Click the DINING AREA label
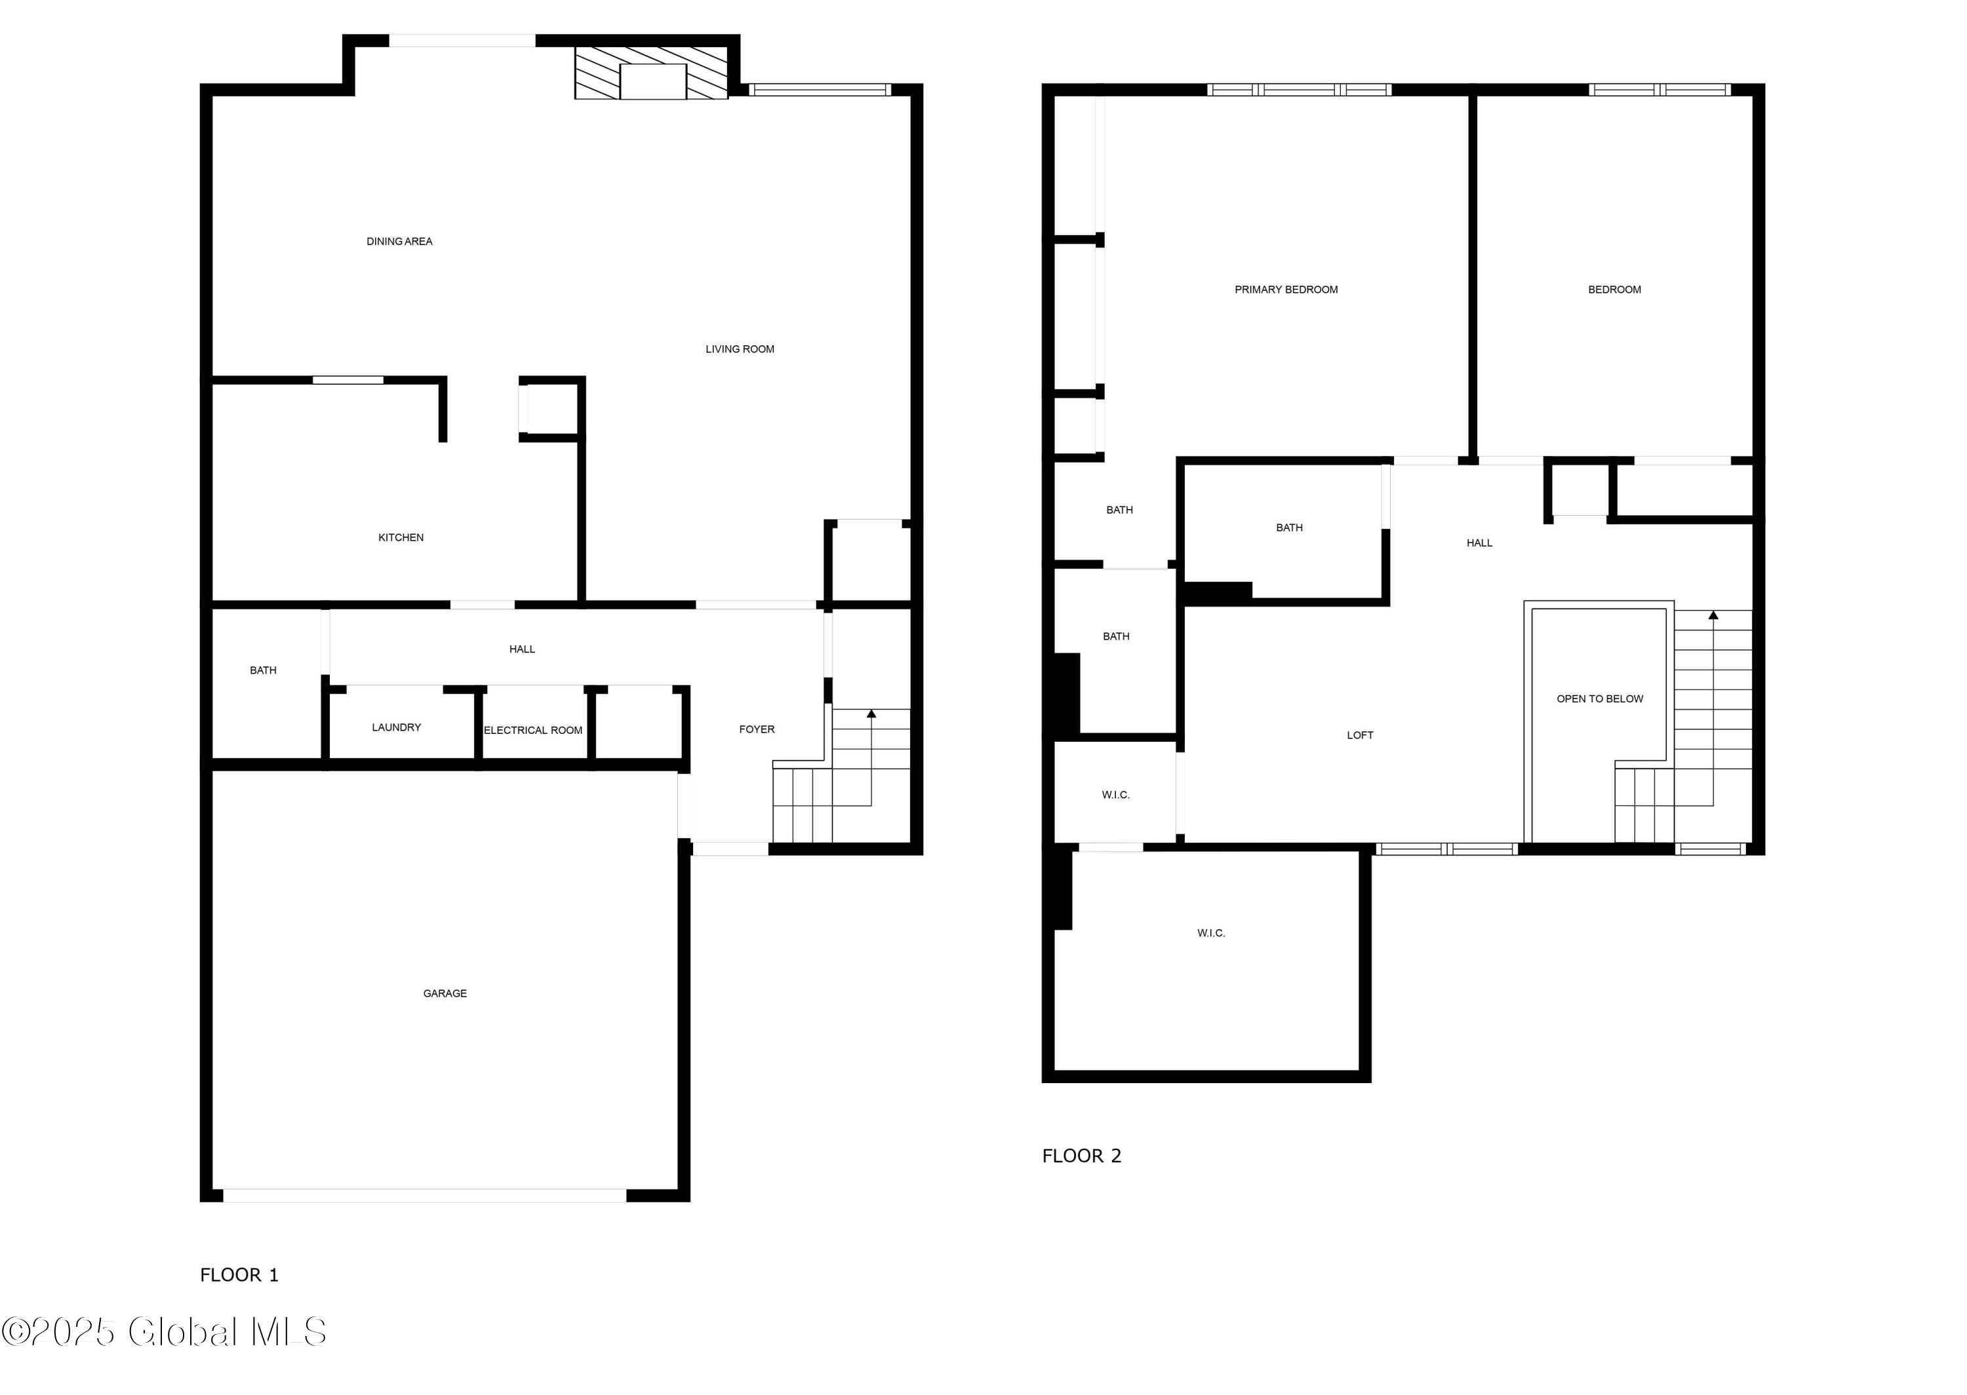399,241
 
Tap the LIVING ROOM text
739,349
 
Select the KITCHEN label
401,538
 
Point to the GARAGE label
445,994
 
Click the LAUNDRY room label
396,727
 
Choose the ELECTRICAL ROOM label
533,730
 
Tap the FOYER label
756,729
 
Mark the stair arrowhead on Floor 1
871,714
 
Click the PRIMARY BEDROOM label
1286,290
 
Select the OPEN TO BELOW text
1599,699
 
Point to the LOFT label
1359,735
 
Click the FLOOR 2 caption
1081,1156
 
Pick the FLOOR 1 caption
239,1274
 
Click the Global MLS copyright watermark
163,1332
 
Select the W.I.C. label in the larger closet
1211,933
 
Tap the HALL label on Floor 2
1479,543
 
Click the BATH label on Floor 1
263,670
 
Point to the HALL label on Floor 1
522,649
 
